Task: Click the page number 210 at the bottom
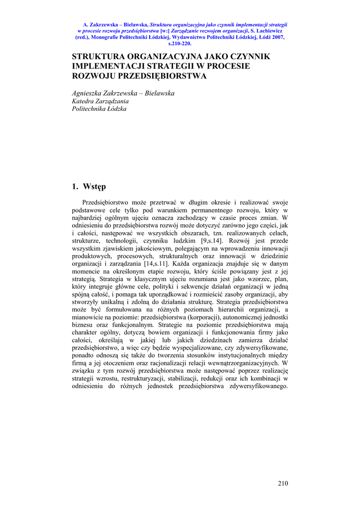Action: coord(283,483)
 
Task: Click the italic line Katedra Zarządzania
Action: coord(100,101)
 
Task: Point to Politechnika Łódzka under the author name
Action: coord(99,108)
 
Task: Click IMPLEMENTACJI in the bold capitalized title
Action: coord(103,66)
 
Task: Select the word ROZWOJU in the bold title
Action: coord(91,76)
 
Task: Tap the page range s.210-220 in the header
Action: coord(180,43)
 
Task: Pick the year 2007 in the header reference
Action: coord(276,37)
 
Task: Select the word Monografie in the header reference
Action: coord(109,37)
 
